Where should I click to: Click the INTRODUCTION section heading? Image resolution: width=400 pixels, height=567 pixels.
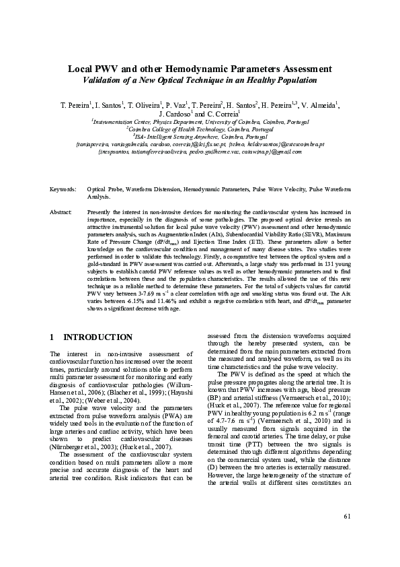pos(97,337)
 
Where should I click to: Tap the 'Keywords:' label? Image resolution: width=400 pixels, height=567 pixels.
pos(63,191)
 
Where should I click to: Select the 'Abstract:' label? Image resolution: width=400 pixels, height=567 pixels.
pos(61,211)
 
